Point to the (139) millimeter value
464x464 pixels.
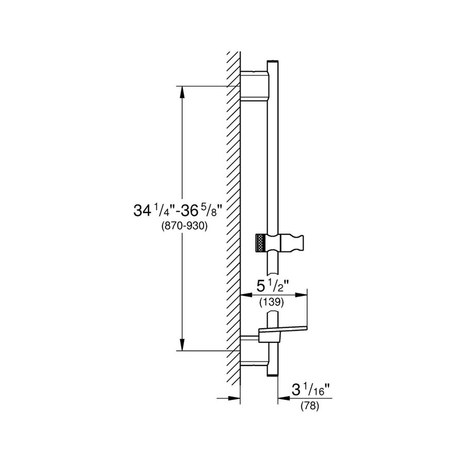(273, 303)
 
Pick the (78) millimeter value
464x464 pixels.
(310, 406)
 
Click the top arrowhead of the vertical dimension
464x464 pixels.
(182, 91)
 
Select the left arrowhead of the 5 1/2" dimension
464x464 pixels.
(247, 295)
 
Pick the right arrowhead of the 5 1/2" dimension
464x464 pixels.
(302, 295)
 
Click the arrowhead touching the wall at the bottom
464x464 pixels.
(236, 398)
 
